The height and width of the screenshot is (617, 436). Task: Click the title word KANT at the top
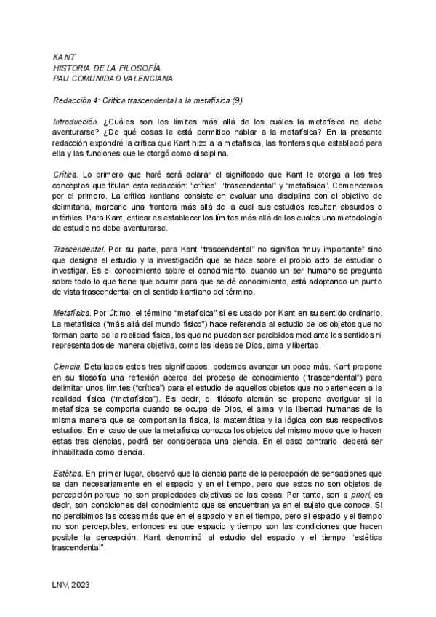tap(63, 57)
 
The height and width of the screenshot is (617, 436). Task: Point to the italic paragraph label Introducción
tap(76, 121)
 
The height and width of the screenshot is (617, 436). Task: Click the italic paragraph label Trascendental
tap(79, 271)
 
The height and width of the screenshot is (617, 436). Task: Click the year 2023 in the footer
tap(80, 584)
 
